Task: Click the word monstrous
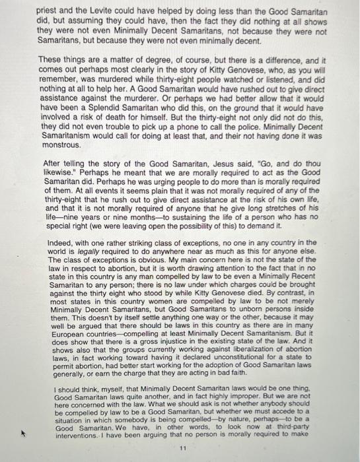(x=61, y=144)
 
